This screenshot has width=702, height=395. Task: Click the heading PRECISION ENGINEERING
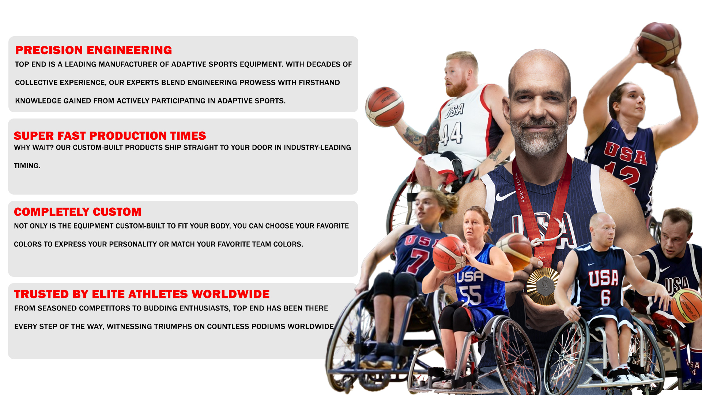coord(93,50)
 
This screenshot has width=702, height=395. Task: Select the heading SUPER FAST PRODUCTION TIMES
coord(110,136)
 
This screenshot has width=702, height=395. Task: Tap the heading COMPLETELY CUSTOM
coord(78,212)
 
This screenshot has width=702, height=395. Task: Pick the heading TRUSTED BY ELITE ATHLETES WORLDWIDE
coord(141,294)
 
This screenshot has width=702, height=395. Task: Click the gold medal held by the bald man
coord(543,286)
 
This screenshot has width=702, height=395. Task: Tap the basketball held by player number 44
coord(385,106)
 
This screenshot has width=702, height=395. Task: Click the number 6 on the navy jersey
coord(605,297)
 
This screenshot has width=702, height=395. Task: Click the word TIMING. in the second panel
coord(27,166)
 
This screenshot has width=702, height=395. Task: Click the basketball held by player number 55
coord(449,255)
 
